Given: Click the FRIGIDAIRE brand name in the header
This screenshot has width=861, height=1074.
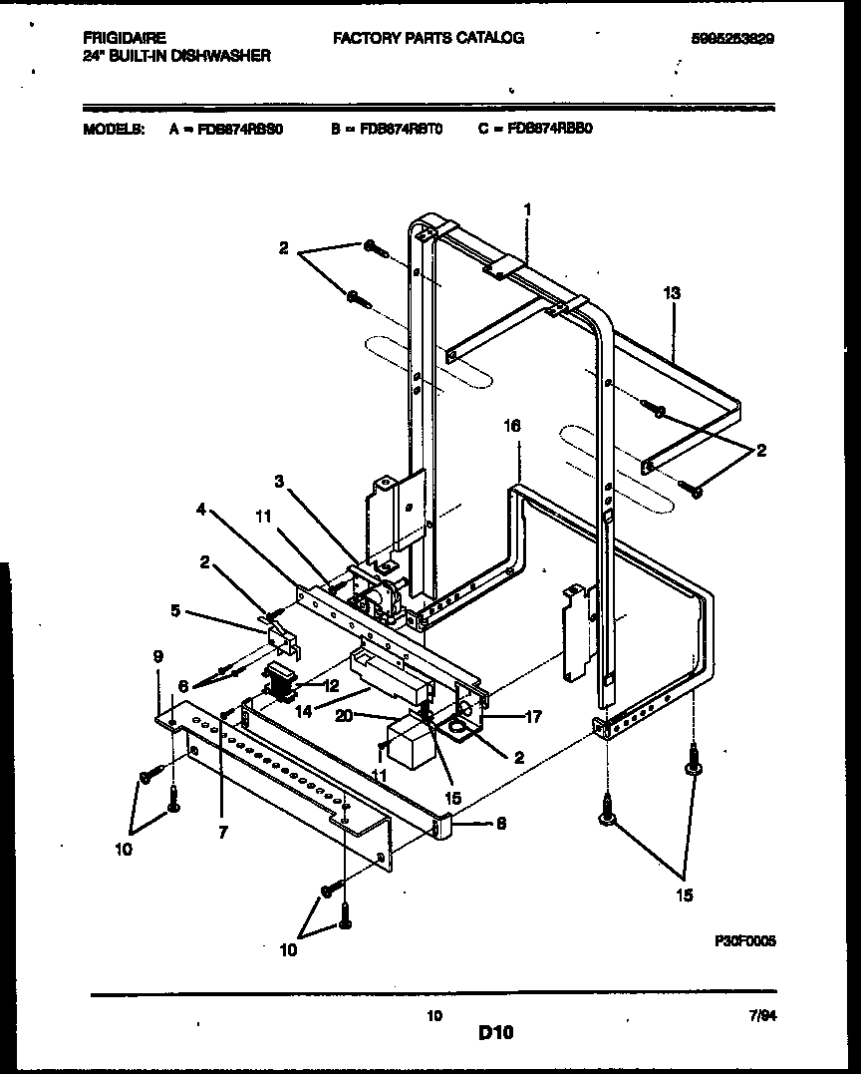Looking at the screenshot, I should [x=124, y=38].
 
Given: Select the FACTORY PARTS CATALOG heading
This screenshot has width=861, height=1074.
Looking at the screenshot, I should [x=429, y=38].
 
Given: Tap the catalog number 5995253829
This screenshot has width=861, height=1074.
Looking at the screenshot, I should [x=732, y=39].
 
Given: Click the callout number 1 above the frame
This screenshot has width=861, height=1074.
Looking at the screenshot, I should [x=527, y=209].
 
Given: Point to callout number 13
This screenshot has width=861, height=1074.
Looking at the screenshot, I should [x=672, y=292].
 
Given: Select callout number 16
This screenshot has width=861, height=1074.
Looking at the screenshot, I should [x=512, y=426].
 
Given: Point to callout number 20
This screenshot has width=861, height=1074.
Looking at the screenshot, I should [x=371, y=716].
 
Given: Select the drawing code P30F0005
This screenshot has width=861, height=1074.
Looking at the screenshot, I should [x=744, y=939].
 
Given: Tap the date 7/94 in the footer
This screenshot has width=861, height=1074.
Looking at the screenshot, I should [x=762, y=1014].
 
